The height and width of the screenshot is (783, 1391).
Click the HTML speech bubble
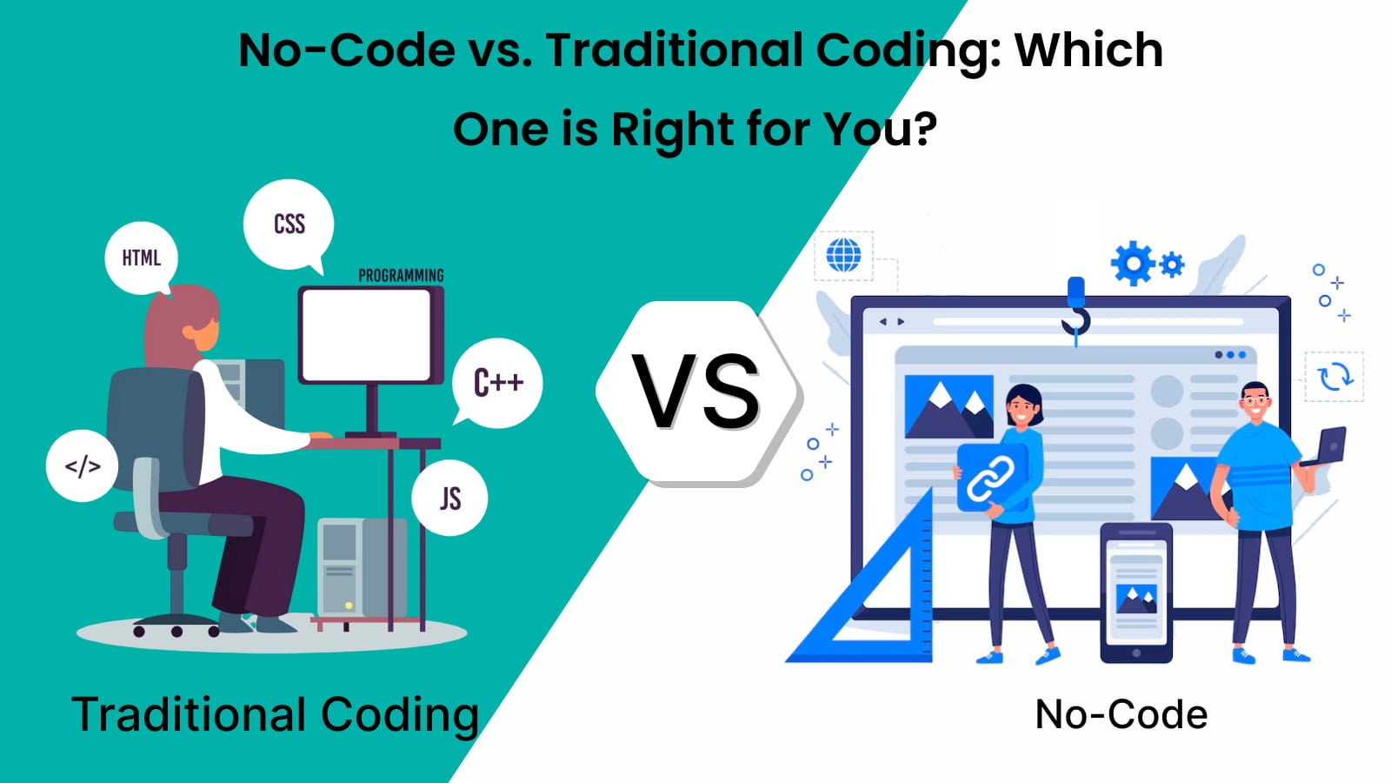[141, 258]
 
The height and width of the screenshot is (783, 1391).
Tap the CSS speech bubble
[289, 225]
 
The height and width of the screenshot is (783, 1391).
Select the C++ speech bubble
[496, 383]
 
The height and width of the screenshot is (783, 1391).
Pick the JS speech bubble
[449, 498]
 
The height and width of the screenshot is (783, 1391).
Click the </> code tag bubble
[82, 465]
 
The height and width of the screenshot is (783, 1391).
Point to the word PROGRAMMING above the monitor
[401, 275]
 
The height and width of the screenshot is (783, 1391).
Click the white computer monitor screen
[366, 335]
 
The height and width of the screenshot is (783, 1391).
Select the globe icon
[843, 255]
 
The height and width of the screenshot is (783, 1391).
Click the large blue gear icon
[1133, 264]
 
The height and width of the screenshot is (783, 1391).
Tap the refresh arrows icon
[1334, 377]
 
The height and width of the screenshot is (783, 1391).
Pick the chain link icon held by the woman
[991, 478]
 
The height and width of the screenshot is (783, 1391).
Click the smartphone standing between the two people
[1135, 592]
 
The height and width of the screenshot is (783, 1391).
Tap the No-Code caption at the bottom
[1121, 714]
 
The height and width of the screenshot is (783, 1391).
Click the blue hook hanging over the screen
[1076, 311]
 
